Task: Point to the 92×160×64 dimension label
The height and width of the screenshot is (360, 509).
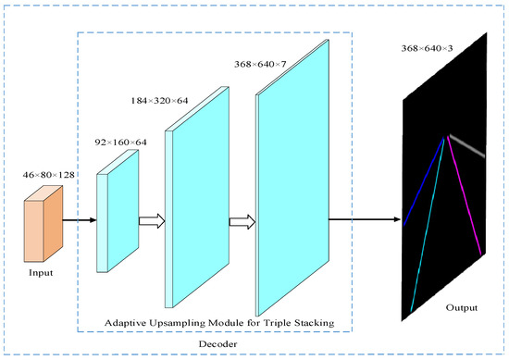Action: coord(121,143)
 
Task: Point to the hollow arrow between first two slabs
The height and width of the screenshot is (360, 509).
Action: coord(150,221)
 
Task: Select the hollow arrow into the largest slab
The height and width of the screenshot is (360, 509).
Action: coord(242,221)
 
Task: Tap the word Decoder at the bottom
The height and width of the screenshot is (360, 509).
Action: coord(218,344)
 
